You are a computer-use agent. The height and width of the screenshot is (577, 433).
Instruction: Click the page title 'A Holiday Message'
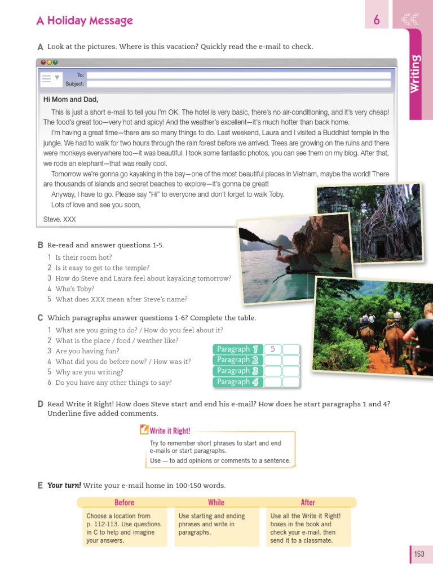tap(85, 21)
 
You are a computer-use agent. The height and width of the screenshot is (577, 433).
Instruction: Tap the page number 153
tap(419, 554)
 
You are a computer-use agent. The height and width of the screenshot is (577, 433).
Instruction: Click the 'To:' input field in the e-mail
tap(238, 75)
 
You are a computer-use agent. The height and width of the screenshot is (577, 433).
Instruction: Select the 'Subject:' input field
tap(238, 84)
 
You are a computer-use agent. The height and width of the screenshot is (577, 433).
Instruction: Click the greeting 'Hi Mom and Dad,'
tap(70, 100)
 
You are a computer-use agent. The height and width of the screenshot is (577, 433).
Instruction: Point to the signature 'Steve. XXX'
tap(59, 219)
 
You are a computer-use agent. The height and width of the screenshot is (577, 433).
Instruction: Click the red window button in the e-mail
tap(42, 63)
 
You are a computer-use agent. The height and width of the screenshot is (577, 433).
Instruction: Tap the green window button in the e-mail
tap(55, 63)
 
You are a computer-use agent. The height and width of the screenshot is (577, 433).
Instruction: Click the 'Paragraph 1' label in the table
tap(237, 349)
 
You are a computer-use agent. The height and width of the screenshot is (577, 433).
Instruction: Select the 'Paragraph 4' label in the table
tap(237, 382)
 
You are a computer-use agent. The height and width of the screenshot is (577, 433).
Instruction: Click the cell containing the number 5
tap(273, 349)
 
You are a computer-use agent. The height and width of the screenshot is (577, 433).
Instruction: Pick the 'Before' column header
tap(124, 503)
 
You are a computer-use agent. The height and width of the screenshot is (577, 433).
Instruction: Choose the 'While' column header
tap(216, 503)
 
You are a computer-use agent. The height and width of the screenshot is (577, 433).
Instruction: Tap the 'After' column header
tap(308, 503)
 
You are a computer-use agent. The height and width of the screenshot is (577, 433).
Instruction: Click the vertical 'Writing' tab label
tap(415, 74)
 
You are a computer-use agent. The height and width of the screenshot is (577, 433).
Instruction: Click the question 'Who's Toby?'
tap(75, 289)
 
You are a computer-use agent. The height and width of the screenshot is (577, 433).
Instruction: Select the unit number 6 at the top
tap(377, 20)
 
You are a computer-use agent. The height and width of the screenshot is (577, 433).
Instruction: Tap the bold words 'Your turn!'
tap(64, 485)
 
